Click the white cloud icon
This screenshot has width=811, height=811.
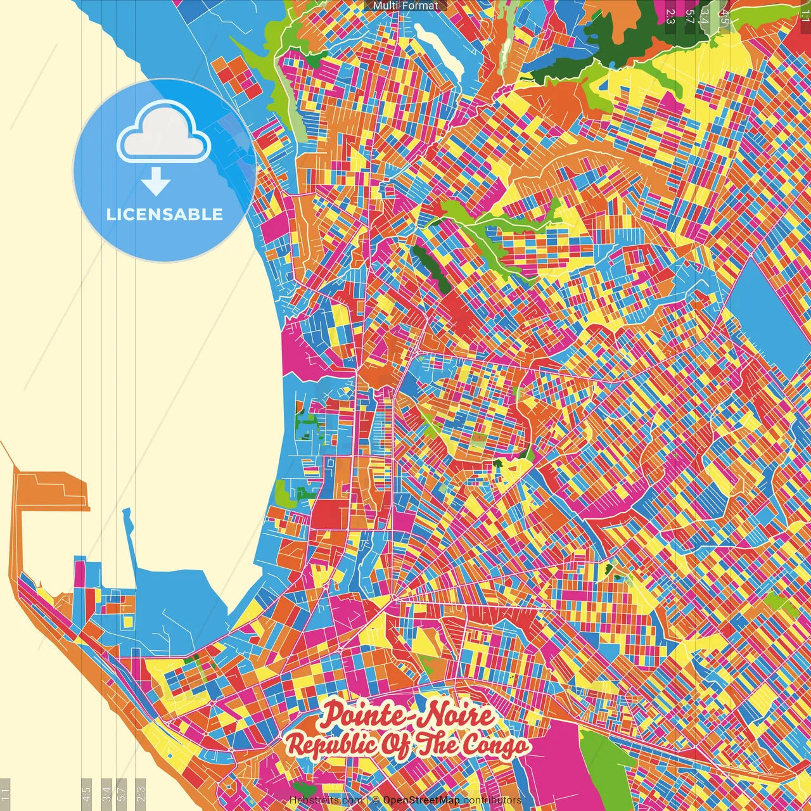coord(163,134)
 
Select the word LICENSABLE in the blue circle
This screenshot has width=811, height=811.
coord(165,214)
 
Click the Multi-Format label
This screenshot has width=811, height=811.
coord(405,6)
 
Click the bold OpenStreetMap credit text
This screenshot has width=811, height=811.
coord(421,800)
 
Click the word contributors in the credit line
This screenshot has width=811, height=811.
coord(492,800)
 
